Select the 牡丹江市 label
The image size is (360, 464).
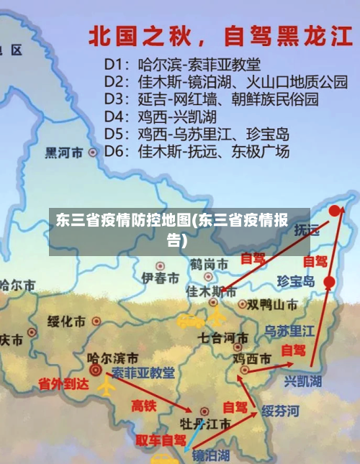pos(205,424)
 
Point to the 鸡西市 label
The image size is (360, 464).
pos(253,358)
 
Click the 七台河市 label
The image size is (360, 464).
pos(224,337)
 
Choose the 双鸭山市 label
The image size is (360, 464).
pos(273,304)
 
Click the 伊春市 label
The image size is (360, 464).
pos(160,278)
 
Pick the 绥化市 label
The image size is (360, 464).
pos(66,321)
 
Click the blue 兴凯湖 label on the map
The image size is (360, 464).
pos(303,381)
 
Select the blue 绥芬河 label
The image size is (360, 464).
pos(279,411)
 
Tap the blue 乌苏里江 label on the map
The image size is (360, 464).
pos(289,332)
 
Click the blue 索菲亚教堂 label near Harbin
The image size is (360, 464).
pos(143,373)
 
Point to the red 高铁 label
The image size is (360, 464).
pos(144,406)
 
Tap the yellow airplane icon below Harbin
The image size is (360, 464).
pos(106,386)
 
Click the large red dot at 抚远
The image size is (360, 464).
pos(336,211)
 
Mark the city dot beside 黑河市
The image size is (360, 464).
pos(92,153)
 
